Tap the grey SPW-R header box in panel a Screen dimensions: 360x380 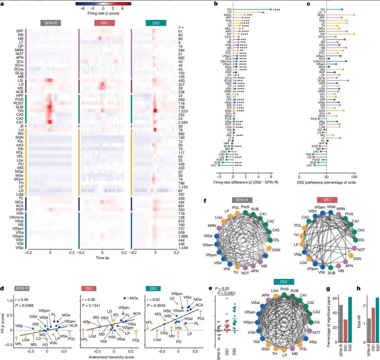(x=52, y=24)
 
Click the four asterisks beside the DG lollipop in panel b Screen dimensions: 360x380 (x=277, y=9)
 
